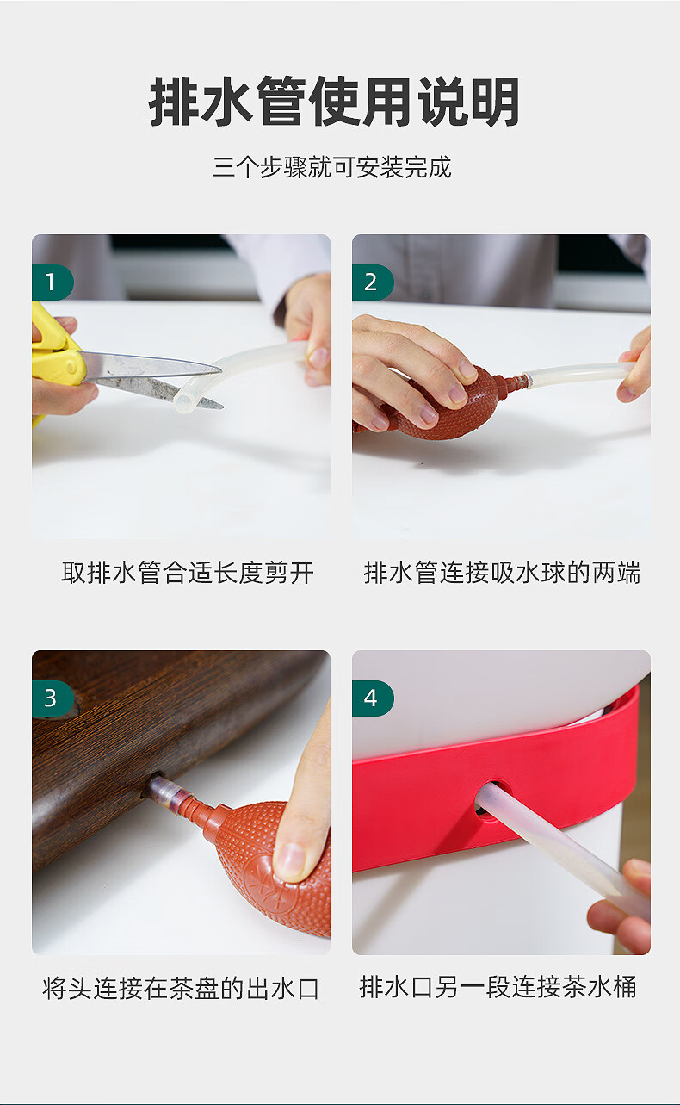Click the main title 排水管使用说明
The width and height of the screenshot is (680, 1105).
coord(334,102)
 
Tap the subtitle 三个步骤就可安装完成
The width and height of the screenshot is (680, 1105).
coord(332,167)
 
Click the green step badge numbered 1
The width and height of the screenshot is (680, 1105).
coord(53,282)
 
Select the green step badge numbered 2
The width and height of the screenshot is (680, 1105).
coord(373,282)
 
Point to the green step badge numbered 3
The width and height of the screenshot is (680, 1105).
coord(53,698)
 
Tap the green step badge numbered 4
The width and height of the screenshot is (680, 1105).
coord(373,698)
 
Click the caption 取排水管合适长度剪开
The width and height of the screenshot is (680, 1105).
coord(188,573)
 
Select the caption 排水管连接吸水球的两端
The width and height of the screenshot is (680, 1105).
coord(502,573)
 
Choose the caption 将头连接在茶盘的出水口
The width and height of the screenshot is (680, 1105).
coord(181,989)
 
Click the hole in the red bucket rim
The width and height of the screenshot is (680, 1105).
coord(486,803)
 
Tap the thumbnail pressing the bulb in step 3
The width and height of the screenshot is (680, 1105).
coord(290,860)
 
